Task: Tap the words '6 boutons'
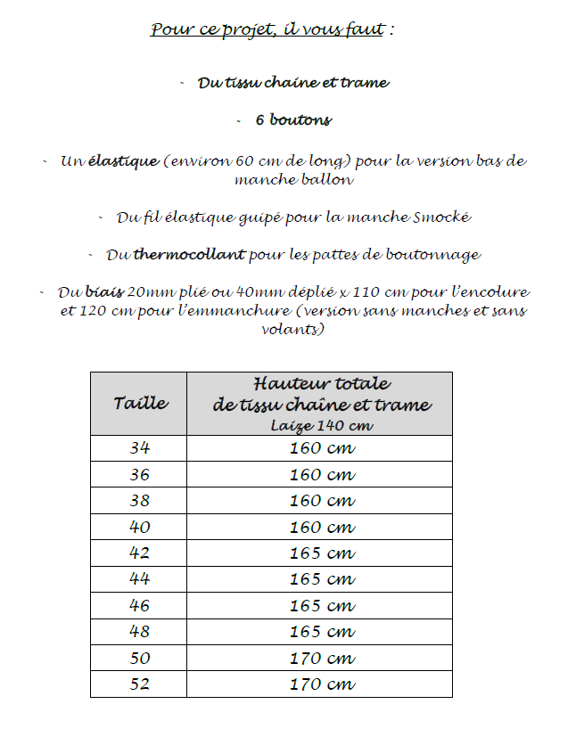293,120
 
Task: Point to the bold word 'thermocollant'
189,255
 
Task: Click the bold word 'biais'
105,292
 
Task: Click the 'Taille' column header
140,403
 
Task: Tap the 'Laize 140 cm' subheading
322,426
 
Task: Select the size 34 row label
139,448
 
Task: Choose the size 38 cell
139,501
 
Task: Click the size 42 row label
139,553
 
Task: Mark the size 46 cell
139,606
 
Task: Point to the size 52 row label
139,685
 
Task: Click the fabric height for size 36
322,475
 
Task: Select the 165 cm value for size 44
322,580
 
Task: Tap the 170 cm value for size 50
322,659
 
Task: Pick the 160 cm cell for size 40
322,528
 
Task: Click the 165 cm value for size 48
322,633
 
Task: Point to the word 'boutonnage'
432,255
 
